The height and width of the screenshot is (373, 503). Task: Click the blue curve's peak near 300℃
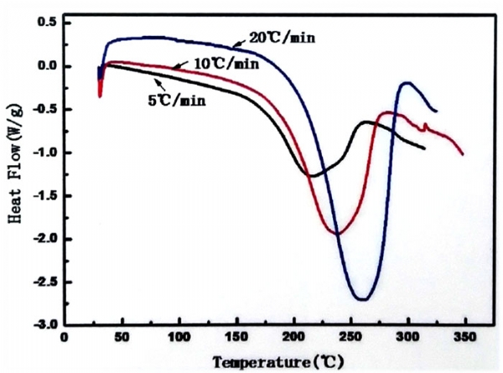tap(408, 82)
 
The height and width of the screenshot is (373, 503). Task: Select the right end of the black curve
tap(425, 148)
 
